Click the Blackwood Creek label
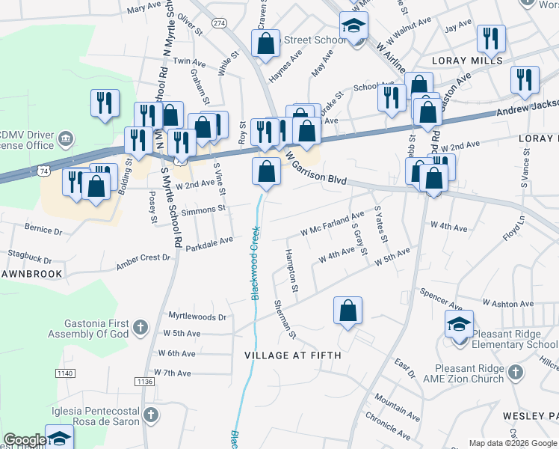(x=255, y=263)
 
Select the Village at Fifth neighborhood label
(x=293, y=355)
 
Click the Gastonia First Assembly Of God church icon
(x=140, y=326)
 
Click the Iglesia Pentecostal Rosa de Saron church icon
(x=150, y=415)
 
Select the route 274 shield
(x=218, y=23)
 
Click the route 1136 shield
(x=145, y=382)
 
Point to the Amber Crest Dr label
(x=143, y=262)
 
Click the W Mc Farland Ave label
(x=332, y=224)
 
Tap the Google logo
(x=25, y=440)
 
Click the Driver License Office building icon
(x=66, y=138)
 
